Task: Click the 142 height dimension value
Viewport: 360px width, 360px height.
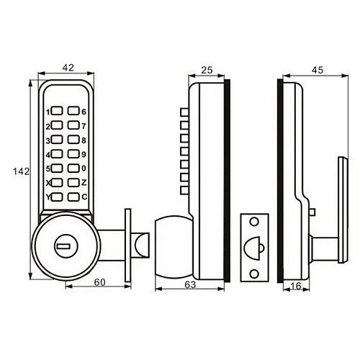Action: [21, 171]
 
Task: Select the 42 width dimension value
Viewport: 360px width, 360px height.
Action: [68, 68]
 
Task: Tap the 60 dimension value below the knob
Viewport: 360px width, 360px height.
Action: [99, 282]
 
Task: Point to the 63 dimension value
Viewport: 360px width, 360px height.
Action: [190, 284]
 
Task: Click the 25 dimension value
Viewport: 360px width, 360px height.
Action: [207, 70]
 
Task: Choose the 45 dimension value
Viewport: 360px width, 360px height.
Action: [318, 70]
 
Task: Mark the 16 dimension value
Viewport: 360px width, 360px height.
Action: [295, 286]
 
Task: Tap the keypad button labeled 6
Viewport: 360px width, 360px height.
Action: [73, 111]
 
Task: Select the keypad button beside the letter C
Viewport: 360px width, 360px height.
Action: [73, 197]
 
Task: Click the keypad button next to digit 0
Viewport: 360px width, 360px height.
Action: [73, 168]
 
